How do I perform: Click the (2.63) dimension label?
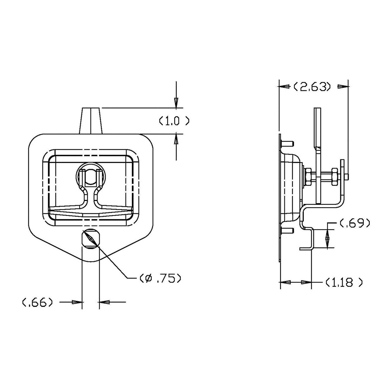point(312,87)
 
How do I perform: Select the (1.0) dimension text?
point(174,121)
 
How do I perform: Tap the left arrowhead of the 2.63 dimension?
point(284,87)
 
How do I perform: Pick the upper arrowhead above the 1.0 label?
point(176,103)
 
